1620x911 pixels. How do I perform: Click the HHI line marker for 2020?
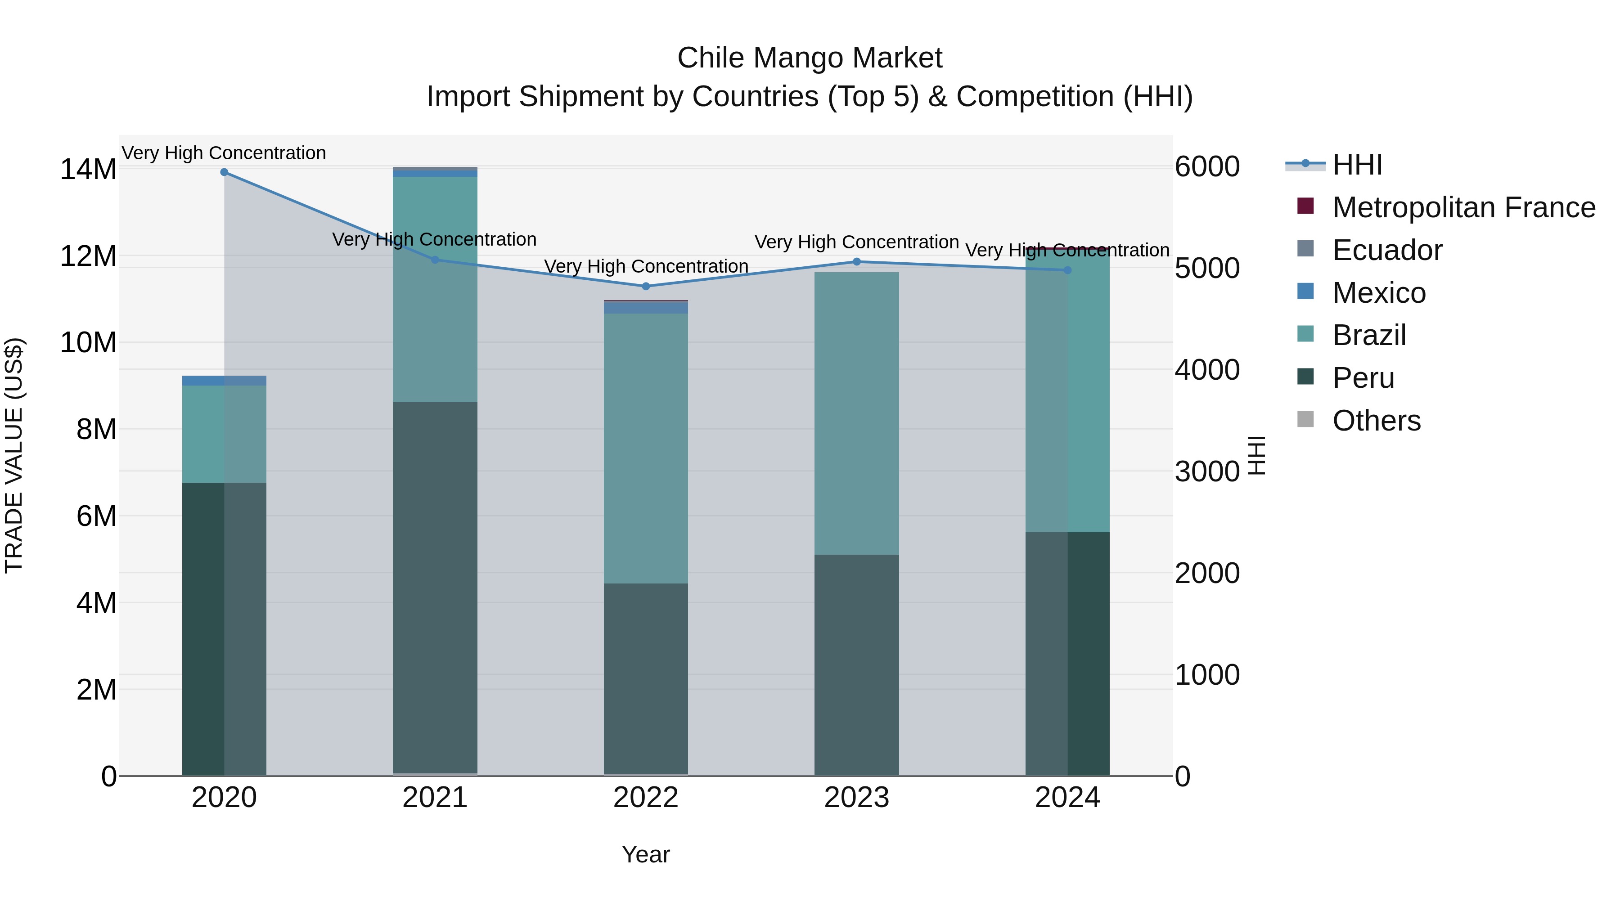224,172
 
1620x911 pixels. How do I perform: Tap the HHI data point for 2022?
645,286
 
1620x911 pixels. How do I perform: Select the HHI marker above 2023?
856,261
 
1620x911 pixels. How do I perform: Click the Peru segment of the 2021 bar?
435,588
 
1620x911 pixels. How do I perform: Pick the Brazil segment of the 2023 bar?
856,413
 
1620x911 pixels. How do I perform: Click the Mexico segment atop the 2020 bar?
224,380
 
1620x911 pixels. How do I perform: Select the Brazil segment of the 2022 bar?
645,448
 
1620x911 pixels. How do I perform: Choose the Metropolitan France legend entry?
1463,207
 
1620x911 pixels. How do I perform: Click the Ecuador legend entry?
1387,250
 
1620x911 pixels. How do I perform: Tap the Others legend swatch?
1305,419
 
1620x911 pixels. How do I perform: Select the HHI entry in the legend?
1357,165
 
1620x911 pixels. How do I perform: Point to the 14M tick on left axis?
88,170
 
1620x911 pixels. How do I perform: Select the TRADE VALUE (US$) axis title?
14,455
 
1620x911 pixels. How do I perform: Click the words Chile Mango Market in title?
810,58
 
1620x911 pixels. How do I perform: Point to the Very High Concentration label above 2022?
646,267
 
